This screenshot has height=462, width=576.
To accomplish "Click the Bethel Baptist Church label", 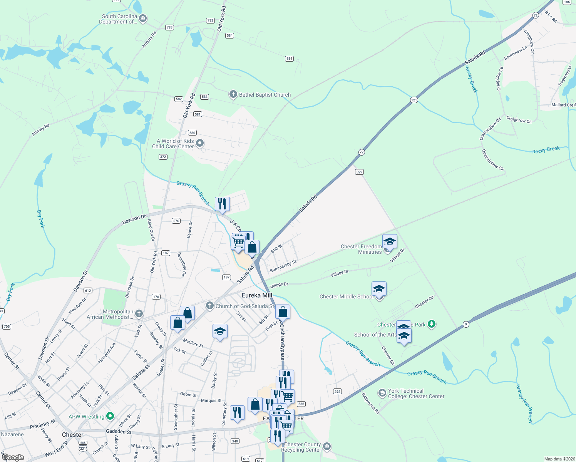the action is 265,95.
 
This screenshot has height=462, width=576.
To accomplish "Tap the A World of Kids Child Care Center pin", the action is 199,144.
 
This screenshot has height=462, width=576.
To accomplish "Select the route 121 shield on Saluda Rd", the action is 414,100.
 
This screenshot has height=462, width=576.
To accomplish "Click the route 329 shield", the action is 359,172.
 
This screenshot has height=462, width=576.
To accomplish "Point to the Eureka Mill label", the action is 257,295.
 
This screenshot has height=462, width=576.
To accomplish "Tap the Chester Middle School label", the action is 346,296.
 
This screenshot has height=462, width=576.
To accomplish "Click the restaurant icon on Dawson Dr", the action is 222,204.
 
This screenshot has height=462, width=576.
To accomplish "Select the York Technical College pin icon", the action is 382,393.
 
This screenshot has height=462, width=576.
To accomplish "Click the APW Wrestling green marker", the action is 110,416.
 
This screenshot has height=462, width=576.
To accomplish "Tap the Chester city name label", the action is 73,435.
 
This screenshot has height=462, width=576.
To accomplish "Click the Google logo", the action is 13,457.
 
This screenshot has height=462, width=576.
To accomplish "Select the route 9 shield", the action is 466,324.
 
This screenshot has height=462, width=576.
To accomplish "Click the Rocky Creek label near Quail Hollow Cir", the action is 546,150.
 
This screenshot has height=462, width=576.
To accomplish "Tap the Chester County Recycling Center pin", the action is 327,447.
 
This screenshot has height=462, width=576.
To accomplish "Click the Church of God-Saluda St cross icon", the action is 209,306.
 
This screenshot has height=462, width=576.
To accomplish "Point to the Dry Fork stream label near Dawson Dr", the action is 41,219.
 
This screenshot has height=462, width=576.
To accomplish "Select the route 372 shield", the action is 163,157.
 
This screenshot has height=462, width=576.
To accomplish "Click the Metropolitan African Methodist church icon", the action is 139,314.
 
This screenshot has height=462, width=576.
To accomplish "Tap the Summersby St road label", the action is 283,266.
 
